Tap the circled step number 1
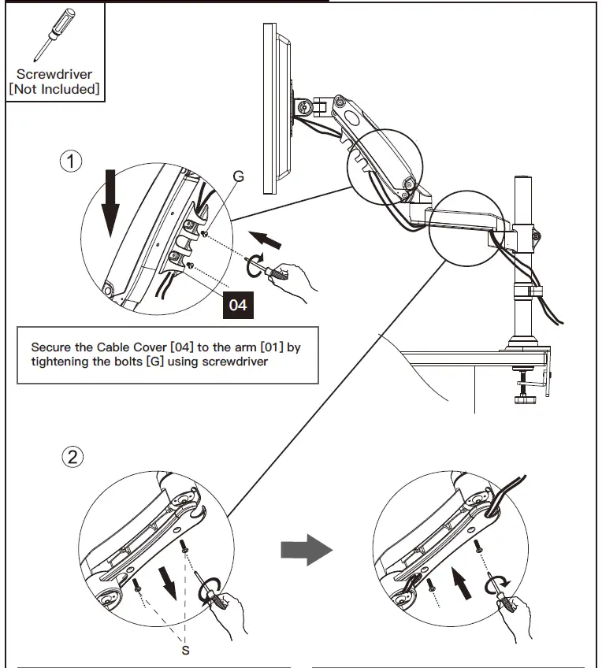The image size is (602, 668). click(72, 161)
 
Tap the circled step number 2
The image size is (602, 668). click(72, 457)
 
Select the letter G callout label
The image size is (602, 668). click(238, 176)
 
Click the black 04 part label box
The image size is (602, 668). click(238, 304)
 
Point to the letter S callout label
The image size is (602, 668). click(186, 650)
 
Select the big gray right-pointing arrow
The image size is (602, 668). click(307, 548)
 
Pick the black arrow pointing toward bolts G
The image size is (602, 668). click(266, 238)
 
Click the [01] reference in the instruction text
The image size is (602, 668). click(252, 347)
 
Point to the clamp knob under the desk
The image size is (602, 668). click(525, 401)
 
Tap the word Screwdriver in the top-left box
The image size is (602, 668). click(54, 74)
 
